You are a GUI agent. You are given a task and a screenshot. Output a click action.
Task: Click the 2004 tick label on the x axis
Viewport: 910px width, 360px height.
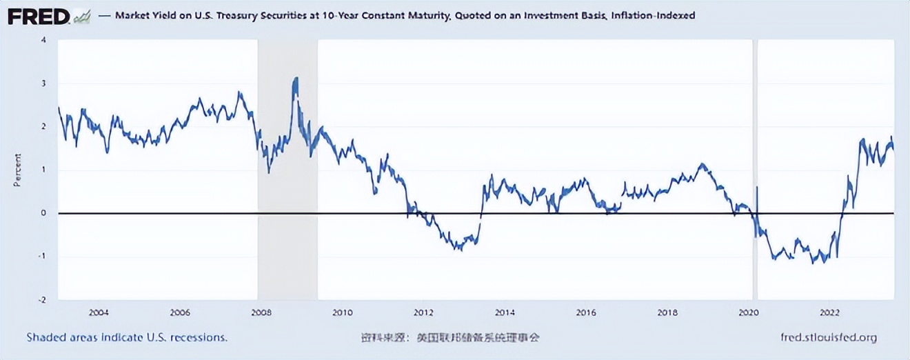point(99,312)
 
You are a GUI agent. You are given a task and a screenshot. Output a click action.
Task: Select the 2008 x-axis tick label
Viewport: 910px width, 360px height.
point(261,312)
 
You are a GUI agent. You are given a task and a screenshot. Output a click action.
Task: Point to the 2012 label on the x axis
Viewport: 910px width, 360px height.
point(424,312)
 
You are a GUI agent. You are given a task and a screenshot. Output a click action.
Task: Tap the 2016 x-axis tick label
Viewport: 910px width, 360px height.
point(586,312)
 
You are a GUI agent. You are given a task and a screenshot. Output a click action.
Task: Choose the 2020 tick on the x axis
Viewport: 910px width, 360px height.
point(749,312)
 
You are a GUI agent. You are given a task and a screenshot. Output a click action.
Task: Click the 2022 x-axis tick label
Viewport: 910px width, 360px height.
point(830,312)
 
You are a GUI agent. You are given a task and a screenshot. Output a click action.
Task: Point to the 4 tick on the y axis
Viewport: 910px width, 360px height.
point(44,40)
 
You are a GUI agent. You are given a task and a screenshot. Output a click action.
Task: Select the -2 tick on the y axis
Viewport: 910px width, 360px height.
point(43,300)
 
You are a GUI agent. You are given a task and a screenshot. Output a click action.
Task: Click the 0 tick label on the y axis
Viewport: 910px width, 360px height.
point(44,213)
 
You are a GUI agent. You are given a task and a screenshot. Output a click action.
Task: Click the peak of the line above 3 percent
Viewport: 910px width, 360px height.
point(296,79)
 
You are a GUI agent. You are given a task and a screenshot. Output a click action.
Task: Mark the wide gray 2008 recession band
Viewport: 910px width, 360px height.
point(287,172)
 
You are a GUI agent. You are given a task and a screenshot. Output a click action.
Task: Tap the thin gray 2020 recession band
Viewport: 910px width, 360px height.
point(755,172)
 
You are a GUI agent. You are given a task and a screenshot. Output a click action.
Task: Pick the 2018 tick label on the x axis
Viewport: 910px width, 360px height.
point(667,312)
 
